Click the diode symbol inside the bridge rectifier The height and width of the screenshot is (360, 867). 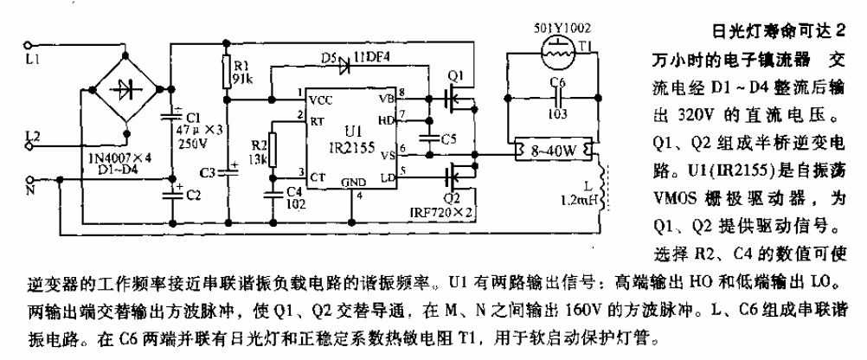pos(125,88)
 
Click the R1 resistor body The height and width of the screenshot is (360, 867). pos(227,68)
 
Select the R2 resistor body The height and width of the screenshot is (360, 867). pos(273,146)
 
